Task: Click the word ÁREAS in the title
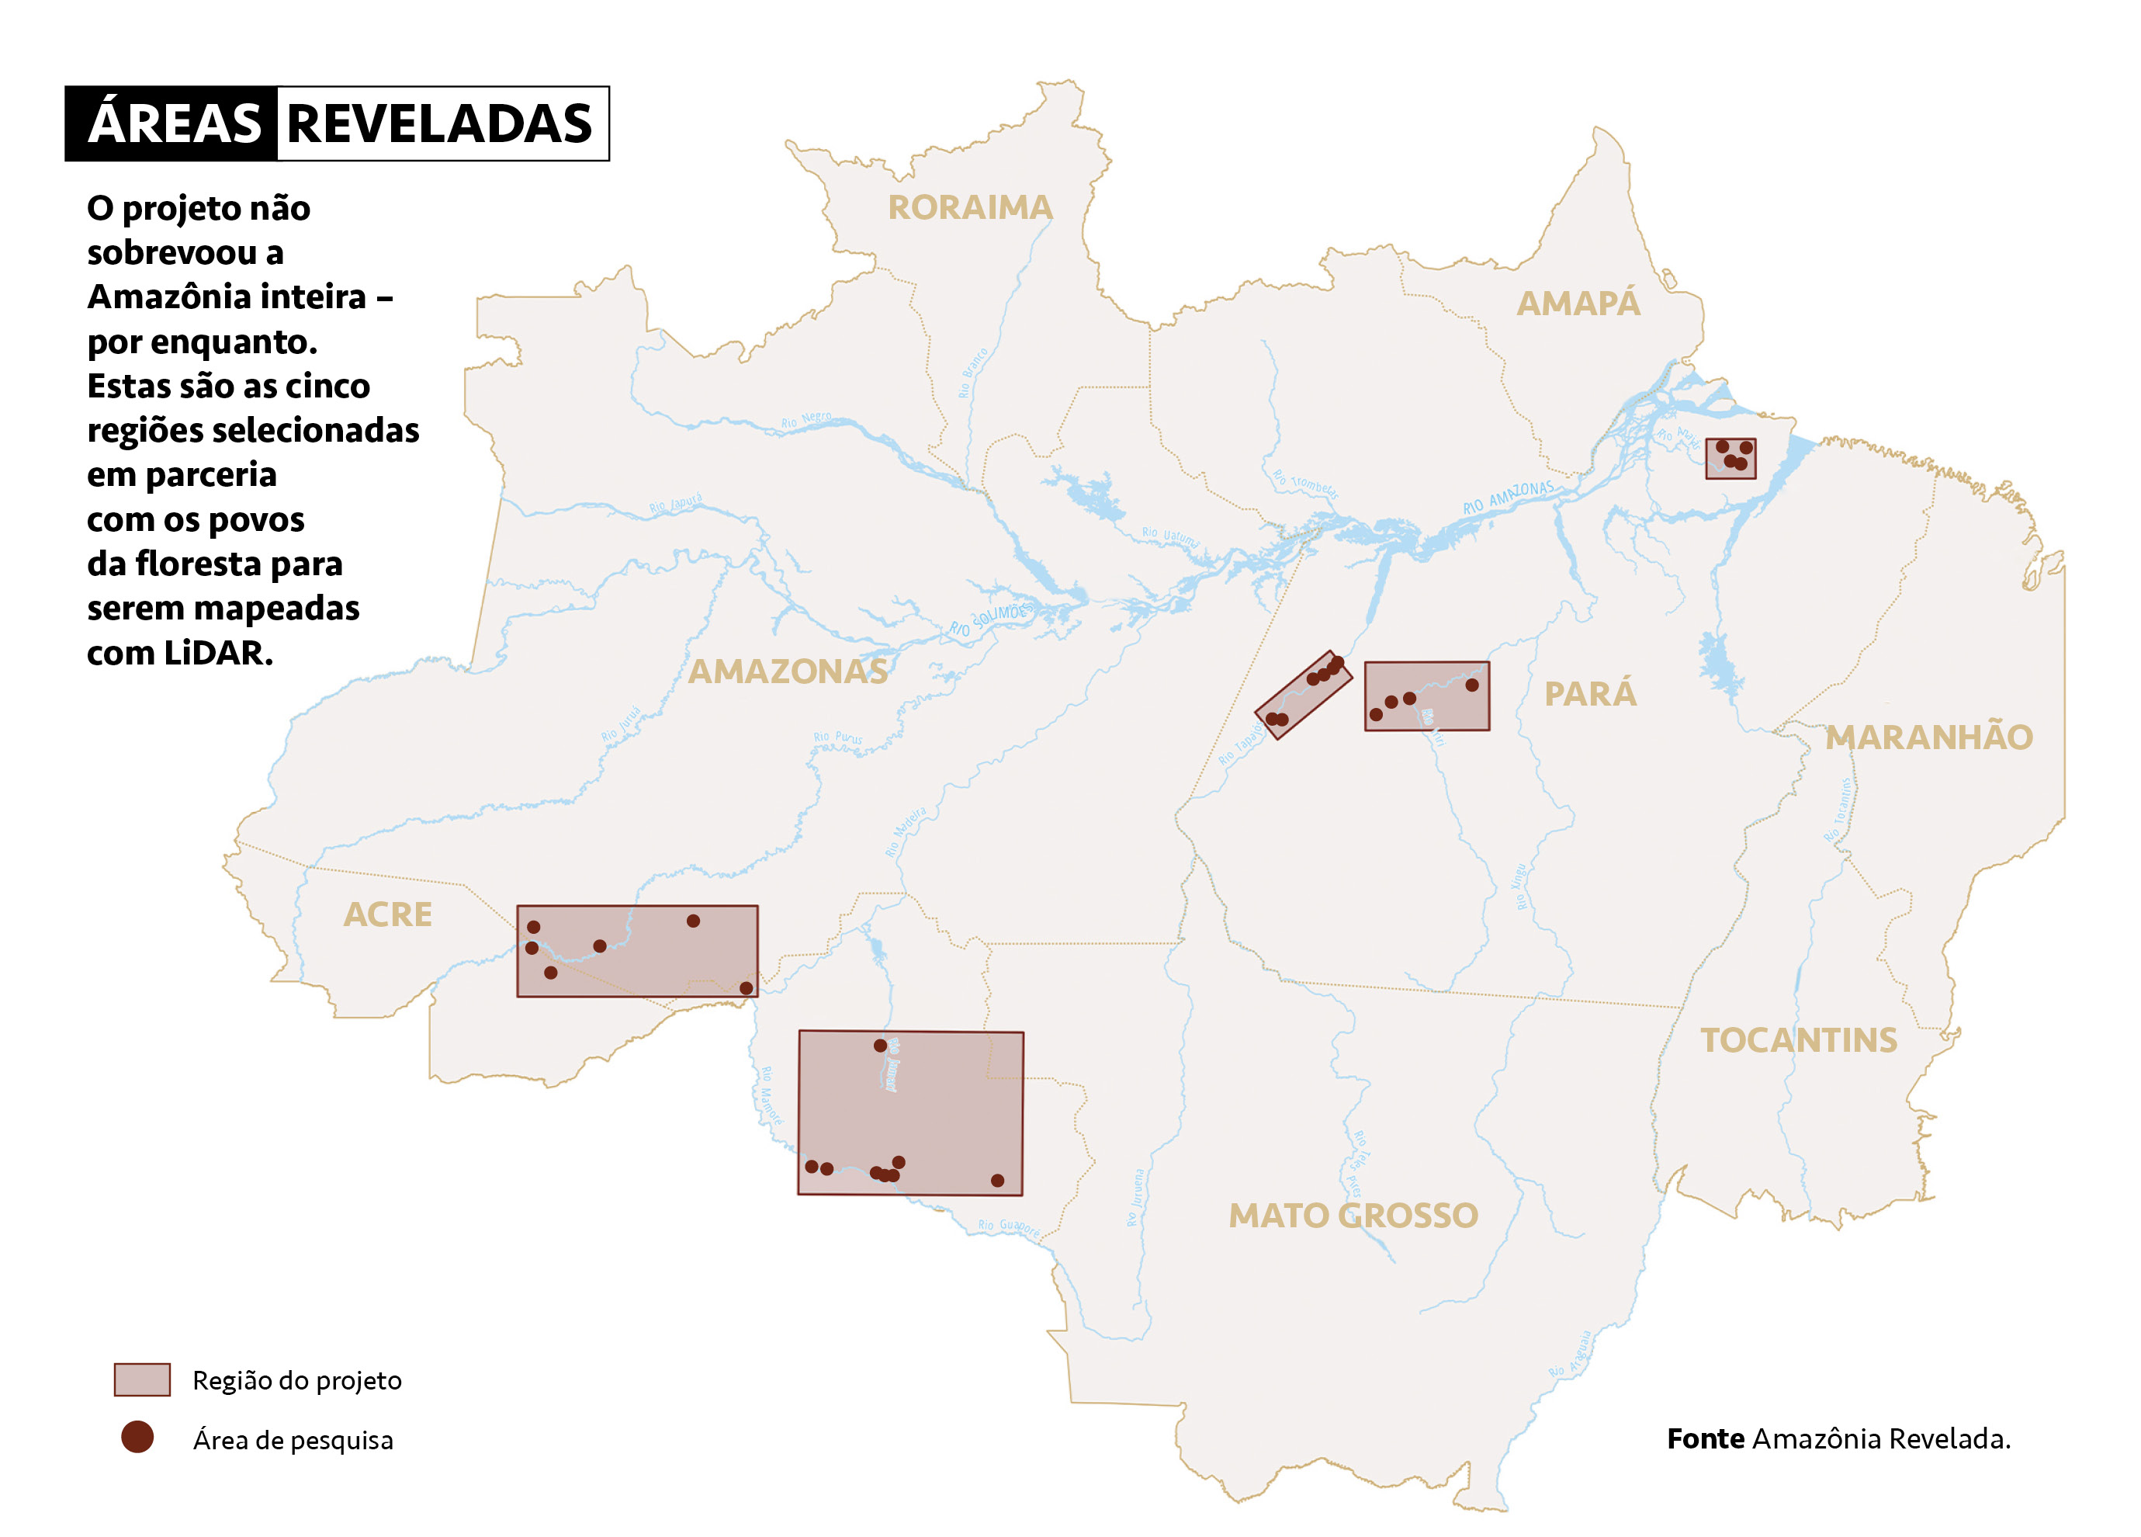[x=174, y=123]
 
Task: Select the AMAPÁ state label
[x=1578, y=304]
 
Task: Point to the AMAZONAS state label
[x=788, y=671]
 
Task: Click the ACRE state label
[x=387, y=914]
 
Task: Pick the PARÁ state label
[x=1590, y=694]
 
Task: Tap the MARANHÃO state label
[x=1928, y=737]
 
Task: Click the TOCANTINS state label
[x=1798, y=1040]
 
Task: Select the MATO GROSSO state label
[x=1353, y=1215]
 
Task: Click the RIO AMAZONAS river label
[x=1508, y=498]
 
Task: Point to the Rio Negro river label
[x=806, y=419]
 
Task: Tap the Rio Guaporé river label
[x=1008, y=1226]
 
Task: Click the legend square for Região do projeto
[x=141, y=1379]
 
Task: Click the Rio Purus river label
[x=837, y=737]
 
